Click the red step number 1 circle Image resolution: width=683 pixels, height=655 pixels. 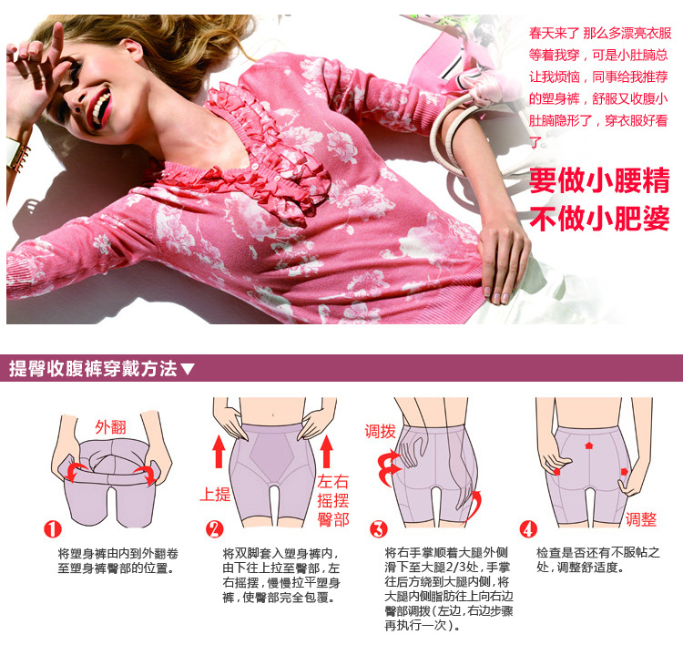point(52,529)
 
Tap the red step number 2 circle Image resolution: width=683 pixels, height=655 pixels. point(215,529)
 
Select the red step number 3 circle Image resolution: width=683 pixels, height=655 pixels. point(378,529)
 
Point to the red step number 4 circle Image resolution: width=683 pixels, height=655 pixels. point(528,529)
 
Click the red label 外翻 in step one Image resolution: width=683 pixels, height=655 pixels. point(110,427)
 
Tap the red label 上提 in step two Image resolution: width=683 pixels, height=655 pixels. point(215,494)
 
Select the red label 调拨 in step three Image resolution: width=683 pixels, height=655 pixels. point(380,432)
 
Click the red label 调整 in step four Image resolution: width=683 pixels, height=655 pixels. point(641,519)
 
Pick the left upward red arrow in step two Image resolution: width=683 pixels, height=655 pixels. point(219,453)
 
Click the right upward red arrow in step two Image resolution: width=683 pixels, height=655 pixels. point(326,453)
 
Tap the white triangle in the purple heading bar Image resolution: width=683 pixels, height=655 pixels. point(188,370)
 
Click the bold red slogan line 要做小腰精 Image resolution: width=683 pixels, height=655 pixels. point(599,180)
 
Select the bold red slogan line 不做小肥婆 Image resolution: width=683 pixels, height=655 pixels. point(599,219)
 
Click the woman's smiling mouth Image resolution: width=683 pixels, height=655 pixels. point(100,108)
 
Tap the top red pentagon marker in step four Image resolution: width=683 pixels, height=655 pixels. point(589,445)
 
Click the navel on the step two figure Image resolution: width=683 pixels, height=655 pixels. point(273,414)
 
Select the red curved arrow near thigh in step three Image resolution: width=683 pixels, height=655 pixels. point(473,505)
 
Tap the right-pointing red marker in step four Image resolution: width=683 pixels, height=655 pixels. point(624,472)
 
